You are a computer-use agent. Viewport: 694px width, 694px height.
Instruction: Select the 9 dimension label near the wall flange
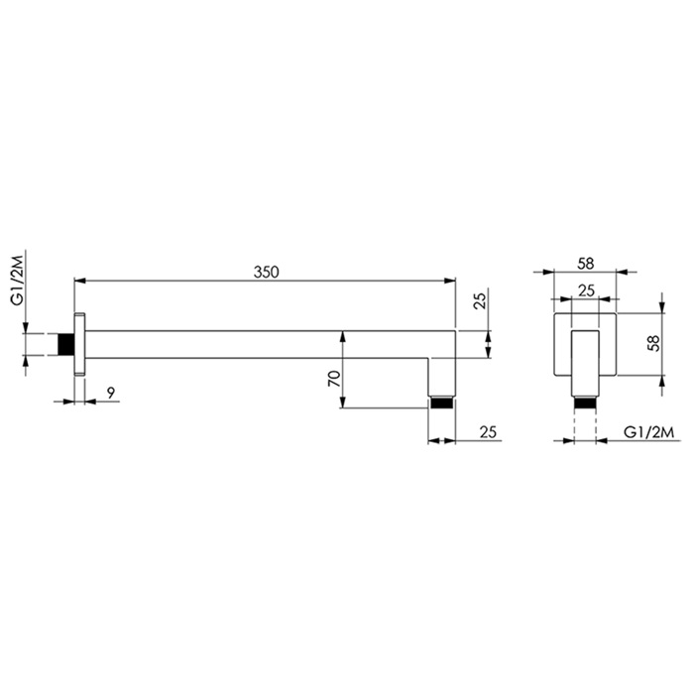(x=111, y=394)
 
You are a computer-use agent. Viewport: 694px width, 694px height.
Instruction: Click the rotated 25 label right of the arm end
(x=479, y=302)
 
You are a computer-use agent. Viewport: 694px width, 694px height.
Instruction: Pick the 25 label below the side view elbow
(x=485, y=431)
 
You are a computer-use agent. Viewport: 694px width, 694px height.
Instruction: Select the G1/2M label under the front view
(x=649, y=431)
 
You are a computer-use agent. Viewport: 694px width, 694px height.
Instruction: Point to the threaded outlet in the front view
(x=585, y=403)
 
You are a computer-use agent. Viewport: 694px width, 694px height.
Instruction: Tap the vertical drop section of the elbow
(x=441, y=377)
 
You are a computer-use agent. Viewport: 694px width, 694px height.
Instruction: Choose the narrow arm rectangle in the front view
(x=585, y=362)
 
